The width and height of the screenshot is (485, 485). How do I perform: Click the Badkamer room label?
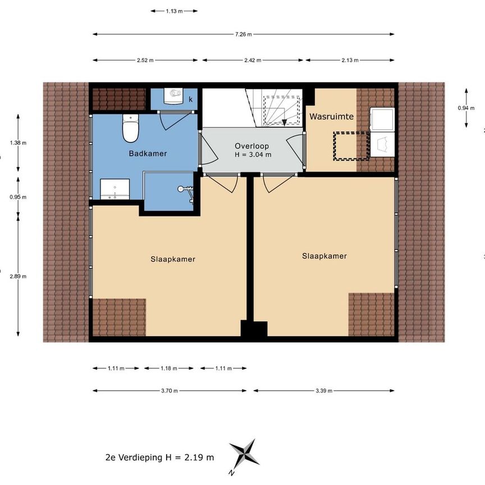coord(148,153)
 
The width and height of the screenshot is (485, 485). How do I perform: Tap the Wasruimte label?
coord(332,117)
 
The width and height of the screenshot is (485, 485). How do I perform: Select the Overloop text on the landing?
coord(252,145)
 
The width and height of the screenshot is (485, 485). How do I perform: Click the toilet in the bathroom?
coord(130,129)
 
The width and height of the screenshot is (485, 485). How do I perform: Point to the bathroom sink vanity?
coord(115,189)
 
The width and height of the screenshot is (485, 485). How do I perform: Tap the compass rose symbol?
coord(244,452)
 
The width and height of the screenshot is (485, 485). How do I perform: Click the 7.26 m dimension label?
coord(244,34)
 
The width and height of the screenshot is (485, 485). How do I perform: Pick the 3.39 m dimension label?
coord(324,391)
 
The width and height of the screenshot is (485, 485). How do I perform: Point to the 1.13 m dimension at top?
coord(174,10)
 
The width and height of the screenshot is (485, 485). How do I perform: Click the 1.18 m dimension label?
coord(169,368)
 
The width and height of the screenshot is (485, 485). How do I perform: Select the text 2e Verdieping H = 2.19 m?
coord(159,457)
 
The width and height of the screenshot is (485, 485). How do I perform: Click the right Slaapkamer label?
coord(324,255)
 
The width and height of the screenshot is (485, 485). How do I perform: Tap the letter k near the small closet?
coord(191,99)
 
